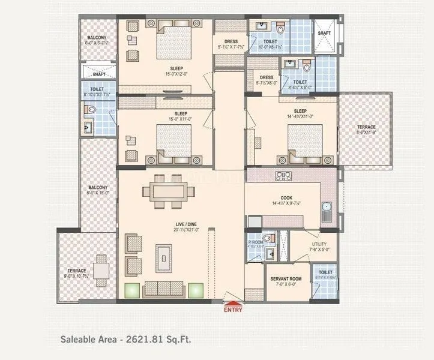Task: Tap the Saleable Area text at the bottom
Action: pos(125,339)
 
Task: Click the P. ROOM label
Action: pos(256,244)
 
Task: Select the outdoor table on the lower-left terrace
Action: pos(101,273)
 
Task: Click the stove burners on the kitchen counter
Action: pos(283,176)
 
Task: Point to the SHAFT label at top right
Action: pos(324,33)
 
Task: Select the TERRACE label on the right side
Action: pos(366,127)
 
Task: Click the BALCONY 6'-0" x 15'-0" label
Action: pos(98,190)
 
